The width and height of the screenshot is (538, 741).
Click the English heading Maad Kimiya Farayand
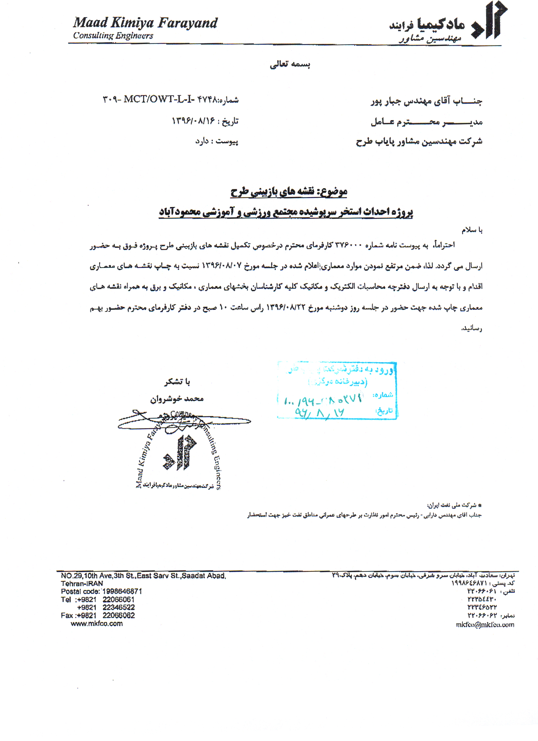pyautogui.click(x=145, y=23)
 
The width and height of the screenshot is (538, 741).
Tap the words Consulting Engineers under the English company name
pyautogui.click(x=113, y=36)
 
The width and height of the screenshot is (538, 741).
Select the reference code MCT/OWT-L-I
pyautogui.click(x=159, y=99)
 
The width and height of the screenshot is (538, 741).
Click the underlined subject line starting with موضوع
pyautogui.click(x=289, y=192)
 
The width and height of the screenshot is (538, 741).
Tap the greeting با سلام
pyautogui.click(x=472, y=230)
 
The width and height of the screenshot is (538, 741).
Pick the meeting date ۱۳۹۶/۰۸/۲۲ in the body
pyautogui.click(x=285, y=308)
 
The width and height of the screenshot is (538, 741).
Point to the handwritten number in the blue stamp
pyautogui.click(x=323, y=400)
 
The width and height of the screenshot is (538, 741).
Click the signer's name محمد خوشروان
pyautogui.click(x=177, y=399)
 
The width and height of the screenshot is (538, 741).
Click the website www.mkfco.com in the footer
pyautogui.click(x=97, y=624)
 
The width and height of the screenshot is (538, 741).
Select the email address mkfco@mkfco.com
pyautogui.click(x=485, y=625)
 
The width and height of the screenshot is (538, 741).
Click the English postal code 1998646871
pyautogui.click(x=122, y=591)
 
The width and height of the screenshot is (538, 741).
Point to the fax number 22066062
pyautogui.click(x=119, y=615)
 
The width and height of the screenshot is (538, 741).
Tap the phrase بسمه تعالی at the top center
pyautogui.click(x=290, y=64)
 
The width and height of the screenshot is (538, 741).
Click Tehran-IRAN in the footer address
pyautogui.click(x=82, y=584)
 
